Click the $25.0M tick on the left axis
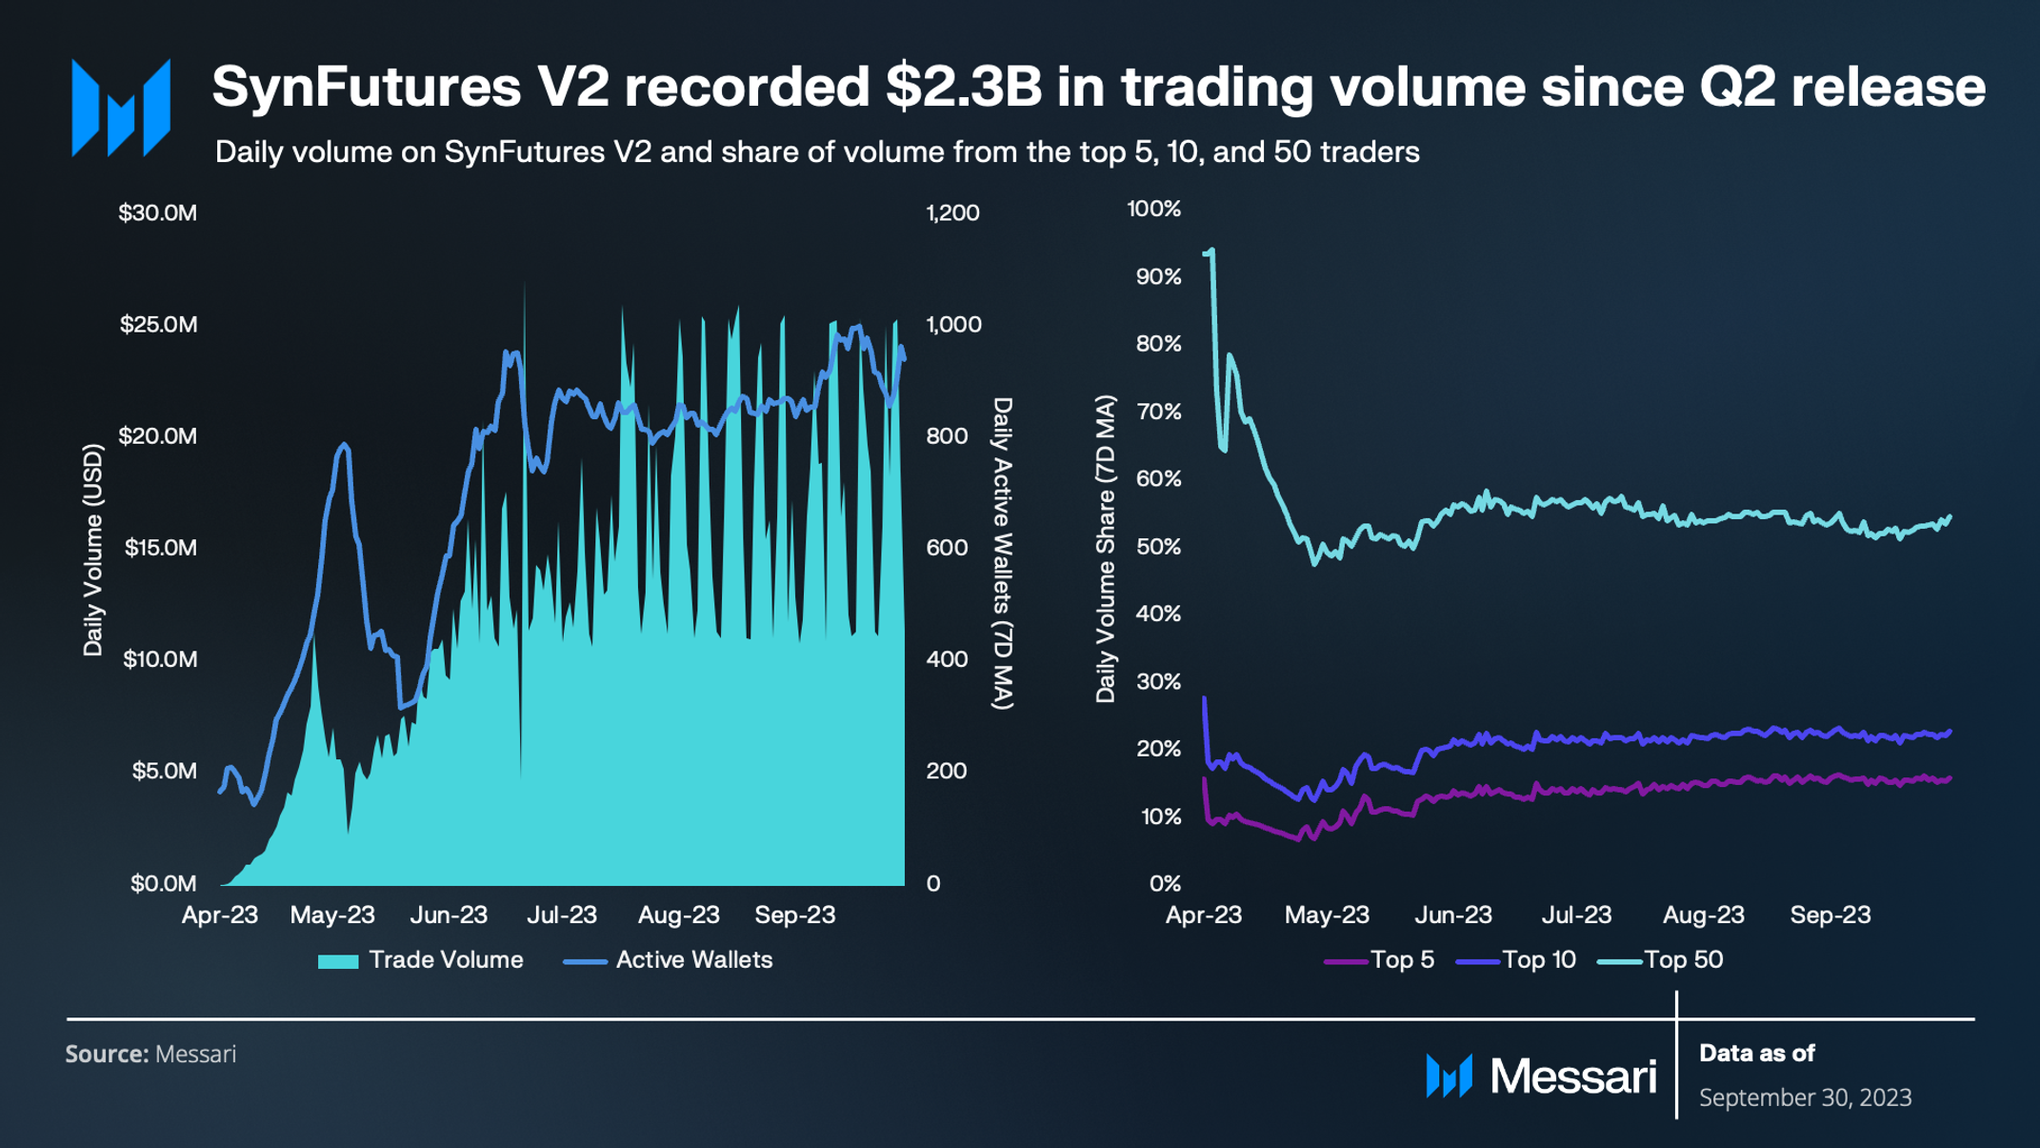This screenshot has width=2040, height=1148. (158, 325)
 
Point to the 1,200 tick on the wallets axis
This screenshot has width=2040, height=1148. (952, 213)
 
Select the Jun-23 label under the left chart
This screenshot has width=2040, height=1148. (449, 916)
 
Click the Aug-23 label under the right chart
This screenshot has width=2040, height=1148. (1703, 916)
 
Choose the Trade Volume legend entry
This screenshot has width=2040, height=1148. (421, 960)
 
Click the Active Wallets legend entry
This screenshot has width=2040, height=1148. (669, 960)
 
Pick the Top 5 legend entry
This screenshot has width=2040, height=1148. (1380, 960)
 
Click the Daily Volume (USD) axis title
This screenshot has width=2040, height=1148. (92, 550)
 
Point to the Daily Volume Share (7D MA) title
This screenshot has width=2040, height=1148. (1105, 550)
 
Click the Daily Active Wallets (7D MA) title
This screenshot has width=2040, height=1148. (1002, 554)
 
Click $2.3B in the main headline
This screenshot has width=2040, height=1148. (963, 87)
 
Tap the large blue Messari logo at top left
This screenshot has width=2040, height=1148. (121, 108)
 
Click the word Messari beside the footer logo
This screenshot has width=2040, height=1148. (1572, 1077)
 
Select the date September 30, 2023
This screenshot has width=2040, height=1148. (1805, 1098)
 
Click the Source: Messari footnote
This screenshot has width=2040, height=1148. (150, 1055)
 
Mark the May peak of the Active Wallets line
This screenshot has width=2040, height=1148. (344, 444)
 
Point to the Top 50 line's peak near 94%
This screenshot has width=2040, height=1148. (1211, 251)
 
